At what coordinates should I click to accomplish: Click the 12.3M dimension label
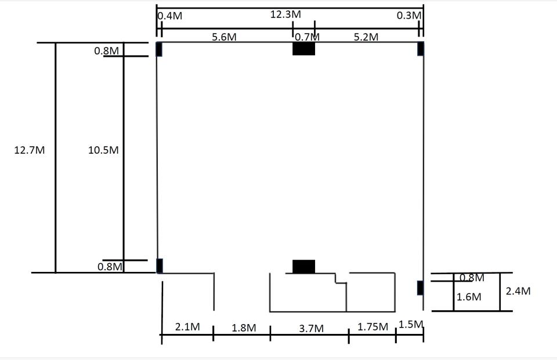[x=285, y=14]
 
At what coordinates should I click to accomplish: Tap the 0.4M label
[x=170, y=16]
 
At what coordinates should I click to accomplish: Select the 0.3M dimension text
[x=409, y=15]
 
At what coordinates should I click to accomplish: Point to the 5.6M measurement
[x=224, y=37]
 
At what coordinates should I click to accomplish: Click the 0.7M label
[x=308, y=37]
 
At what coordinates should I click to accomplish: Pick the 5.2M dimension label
[x=366, y=37]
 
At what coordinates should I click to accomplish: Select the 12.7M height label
[x=30, y=150]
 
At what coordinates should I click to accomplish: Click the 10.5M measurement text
[x=103, y=150]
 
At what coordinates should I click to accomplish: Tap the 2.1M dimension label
[x=187, y=326]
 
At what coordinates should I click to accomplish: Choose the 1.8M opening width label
[x=244, y=328]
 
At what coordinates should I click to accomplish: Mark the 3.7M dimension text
[x=311, y=328]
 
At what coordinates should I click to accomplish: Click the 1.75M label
[x=372, y=326]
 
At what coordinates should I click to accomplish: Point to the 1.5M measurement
[x=411, y=325]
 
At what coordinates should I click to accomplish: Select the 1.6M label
[x=469, y=297]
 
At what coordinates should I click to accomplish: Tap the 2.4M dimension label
[x=518, y=291]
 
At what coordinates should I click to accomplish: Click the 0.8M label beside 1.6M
[x=472, y=278]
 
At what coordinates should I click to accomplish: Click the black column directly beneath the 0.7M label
[x=303, y=49]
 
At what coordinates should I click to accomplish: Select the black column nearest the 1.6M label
[x=420, y=288]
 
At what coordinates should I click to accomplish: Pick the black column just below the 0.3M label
[x=421, y=49]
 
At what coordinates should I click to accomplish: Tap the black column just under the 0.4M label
[x=159, y=49]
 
